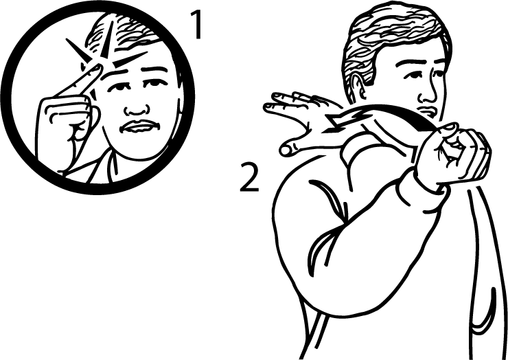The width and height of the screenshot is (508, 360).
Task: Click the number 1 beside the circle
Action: pos(196,25)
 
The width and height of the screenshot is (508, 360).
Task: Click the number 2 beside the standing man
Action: pos(249,177)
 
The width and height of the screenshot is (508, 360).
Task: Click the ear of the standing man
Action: pos(358,85)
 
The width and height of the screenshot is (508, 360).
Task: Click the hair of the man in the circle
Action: pos(123,36)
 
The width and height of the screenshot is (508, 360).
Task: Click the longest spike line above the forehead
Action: pos(108,39)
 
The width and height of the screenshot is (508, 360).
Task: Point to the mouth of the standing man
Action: pos(426,111)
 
